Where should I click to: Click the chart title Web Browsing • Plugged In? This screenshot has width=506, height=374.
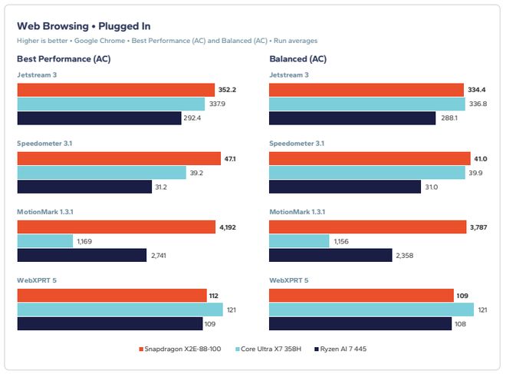pos(84,26)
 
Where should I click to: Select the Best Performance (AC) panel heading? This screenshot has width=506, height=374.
pos(64,59)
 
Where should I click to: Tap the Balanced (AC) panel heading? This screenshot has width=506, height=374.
pos(298,59)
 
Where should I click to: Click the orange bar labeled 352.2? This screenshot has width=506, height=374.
pos(116,90)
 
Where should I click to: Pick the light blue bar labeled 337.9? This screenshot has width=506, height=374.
pos(111,104)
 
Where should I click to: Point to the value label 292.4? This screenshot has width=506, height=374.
pos(192,118)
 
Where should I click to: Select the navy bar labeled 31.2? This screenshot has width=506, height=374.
pos(84,187)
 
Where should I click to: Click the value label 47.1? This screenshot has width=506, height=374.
pos(230,159)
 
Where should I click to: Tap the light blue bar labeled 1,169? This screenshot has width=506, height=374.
pos(45,241)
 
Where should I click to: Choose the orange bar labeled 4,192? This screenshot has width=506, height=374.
pos(117,227)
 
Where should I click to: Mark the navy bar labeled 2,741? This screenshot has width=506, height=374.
pos(82,256)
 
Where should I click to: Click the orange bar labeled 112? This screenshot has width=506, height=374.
pos(112,296)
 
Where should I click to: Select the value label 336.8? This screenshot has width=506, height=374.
pos(478,104)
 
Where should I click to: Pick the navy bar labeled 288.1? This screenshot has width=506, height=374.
pos(353,118)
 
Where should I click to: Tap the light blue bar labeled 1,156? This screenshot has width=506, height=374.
pos(299,241)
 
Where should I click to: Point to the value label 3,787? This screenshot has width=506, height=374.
pos(478,227)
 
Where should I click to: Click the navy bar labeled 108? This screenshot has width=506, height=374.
pos(360,324)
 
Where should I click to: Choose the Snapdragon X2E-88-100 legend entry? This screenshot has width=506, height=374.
pos(180,349)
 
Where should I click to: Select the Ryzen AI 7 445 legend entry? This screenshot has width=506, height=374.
pos(340,349)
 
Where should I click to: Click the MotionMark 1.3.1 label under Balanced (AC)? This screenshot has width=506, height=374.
pos(297,212)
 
